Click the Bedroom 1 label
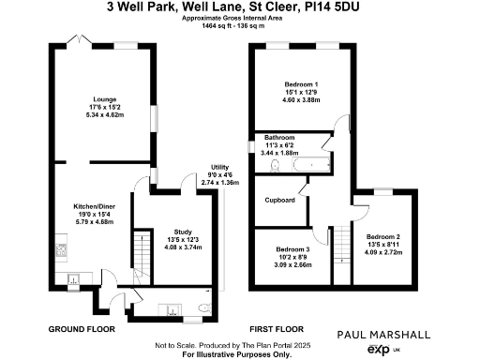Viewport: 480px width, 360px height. [302, 85]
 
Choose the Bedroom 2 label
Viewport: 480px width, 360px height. [384, 236]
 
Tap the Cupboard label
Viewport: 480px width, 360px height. [280, 200]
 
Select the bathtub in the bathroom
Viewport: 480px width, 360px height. [308, 166]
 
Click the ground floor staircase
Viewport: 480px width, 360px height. [141, 258]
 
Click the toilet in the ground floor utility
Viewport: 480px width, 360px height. [205, 307]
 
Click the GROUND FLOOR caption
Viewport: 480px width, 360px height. [81, 329]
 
